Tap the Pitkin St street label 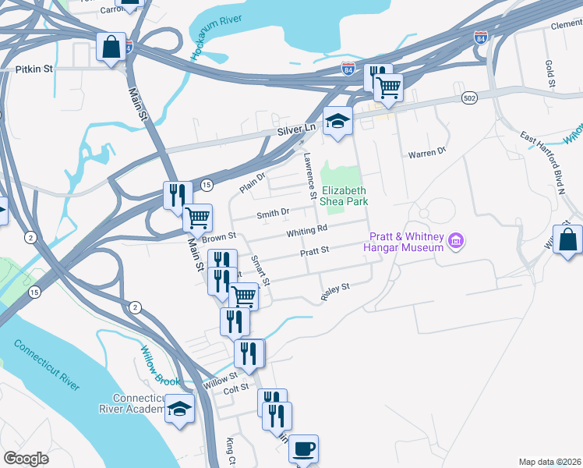click(x=34, y=69)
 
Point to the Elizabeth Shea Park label click(x=344, y=196)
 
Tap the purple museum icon click(x=456, y=242)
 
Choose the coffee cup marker click(x=303, y=449)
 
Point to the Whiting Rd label click(x=306, y=231)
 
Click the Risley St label click(x=336, y=292)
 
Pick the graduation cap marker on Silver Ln click(x=338, y=121)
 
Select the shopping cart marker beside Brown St click(x=198, y=218)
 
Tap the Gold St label click(x=550, y=73)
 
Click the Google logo click(x=26, y=459)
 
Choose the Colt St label click(x=235, y=388)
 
